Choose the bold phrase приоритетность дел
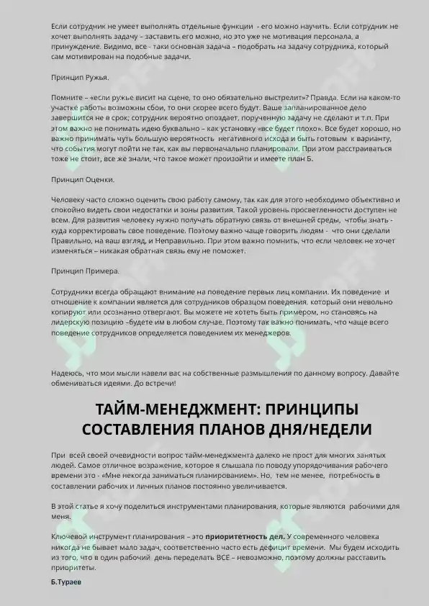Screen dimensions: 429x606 coord(245,538)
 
